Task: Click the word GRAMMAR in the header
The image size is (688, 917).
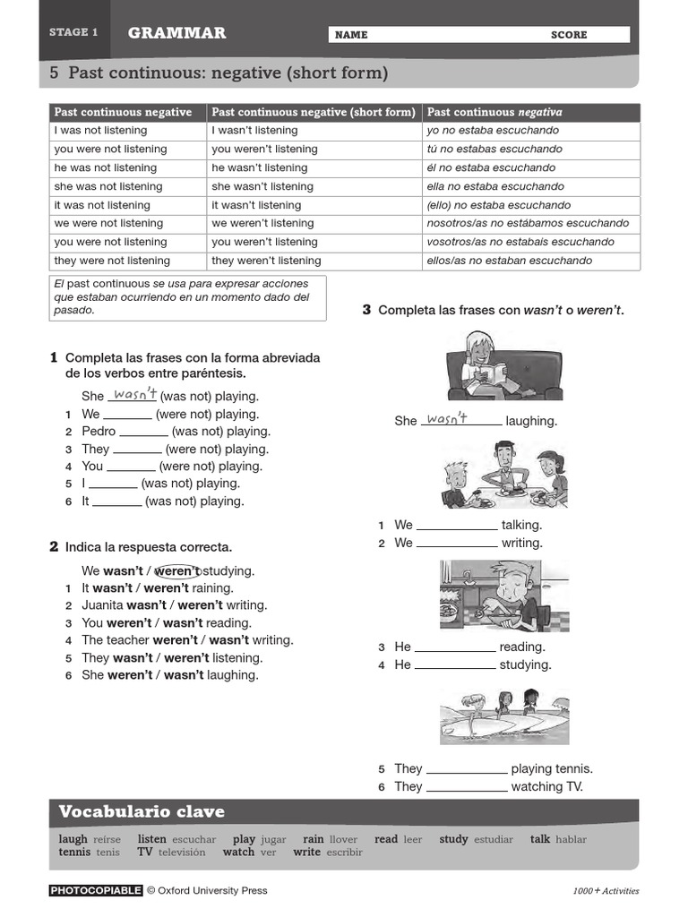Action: (x=176, y=33)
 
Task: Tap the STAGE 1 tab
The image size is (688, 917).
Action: (x=73, y=32)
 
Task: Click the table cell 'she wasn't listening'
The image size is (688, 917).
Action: (x=262, y=186)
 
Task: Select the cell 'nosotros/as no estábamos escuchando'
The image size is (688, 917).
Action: (x=528, y=223)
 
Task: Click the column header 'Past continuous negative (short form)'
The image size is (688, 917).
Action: (x=314, y=112)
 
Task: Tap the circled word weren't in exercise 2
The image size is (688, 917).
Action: (x=176, y=570)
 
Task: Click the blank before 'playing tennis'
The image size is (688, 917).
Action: (x=466, y=769)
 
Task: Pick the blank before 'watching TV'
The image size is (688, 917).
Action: (x=466, y=787)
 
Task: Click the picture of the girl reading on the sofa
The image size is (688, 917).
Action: (x=504, y=365)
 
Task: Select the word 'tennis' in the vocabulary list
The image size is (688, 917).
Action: (x=73, y=853)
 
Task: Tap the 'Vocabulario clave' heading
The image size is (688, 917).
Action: (x=142, y=812)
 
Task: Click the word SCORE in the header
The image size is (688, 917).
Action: (x=569, y=35)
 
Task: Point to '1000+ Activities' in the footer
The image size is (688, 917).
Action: (x=606, y=891)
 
